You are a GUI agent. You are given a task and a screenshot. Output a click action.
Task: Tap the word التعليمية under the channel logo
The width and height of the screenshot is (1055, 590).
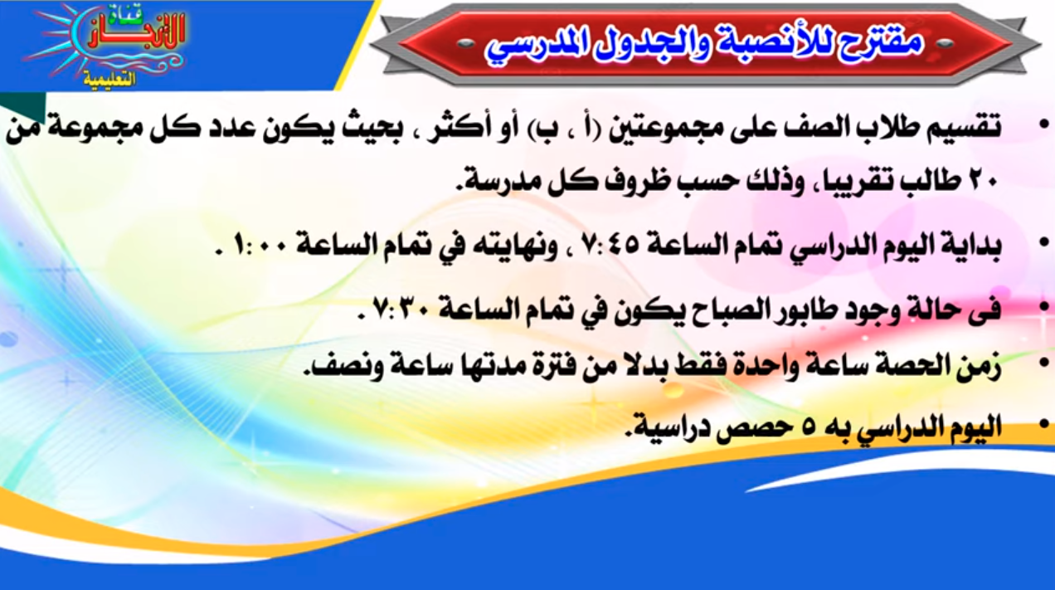coord(109,79)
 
